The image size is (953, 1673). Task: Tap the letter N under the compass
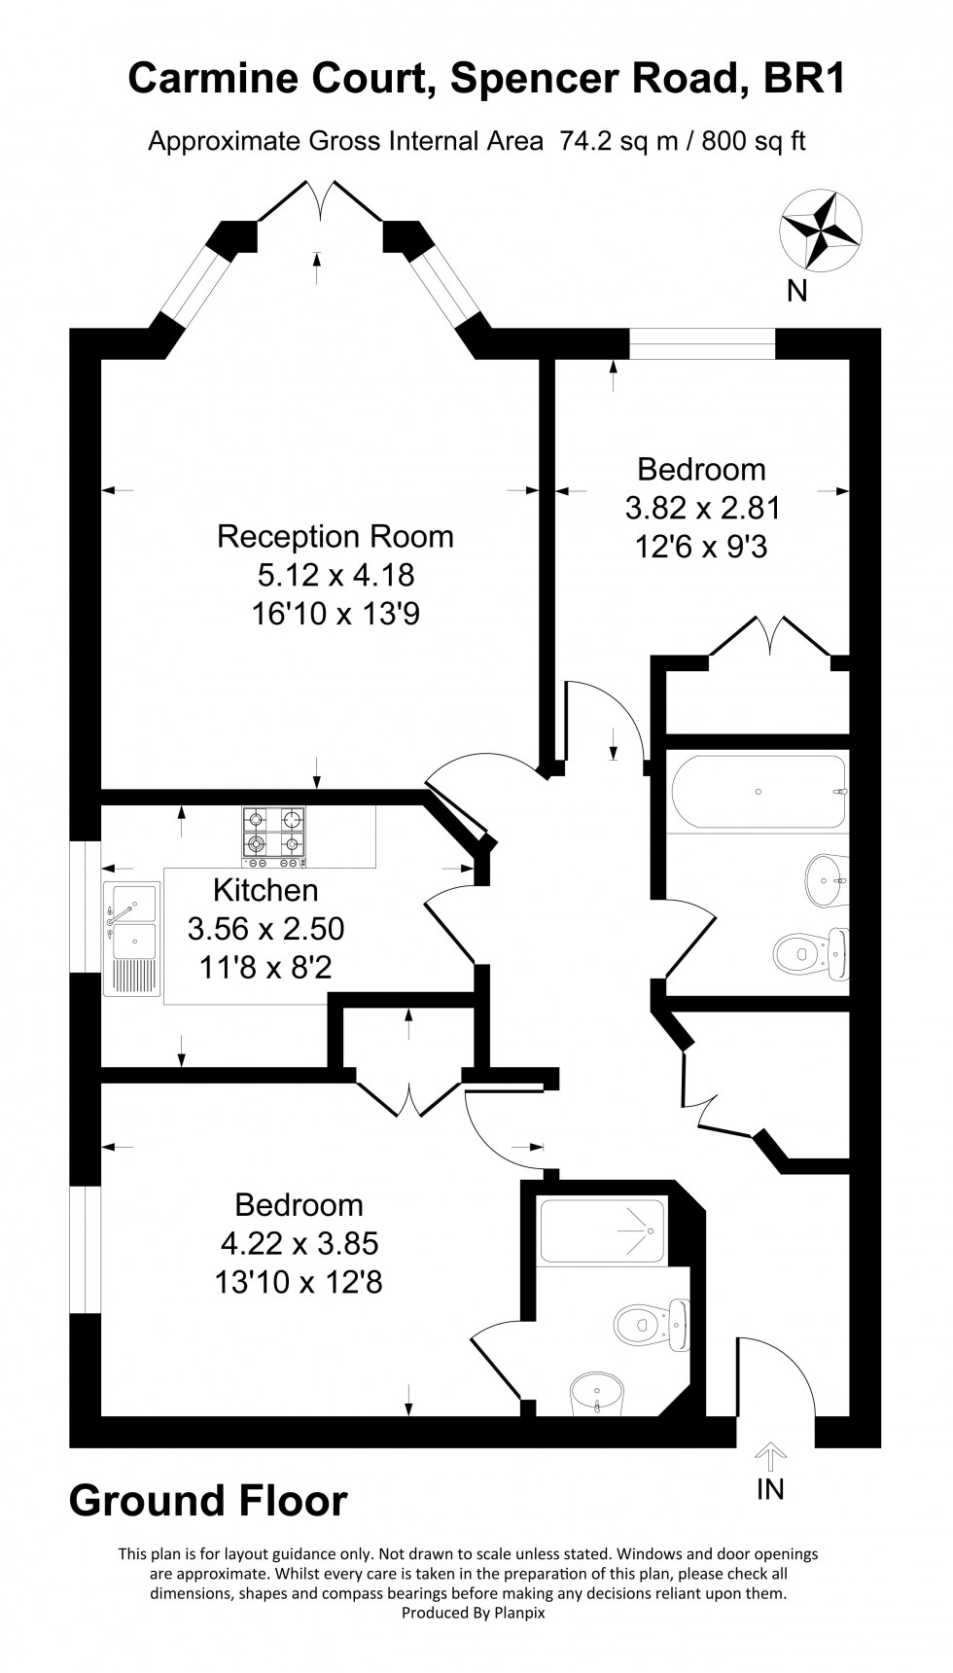[797, 290]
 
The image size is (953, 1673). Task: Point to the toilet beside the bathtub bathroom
[811, 952]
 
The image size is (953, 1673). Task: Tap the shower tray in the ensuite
[603, 1231]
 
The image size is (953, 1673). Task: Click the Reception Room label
[335, 536]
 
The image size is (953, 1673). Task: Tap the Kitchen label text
[265, 890]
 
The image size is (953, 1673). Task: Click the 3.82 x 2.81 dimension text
[702, 508]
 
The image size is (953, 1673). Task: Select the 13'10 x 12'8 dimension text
[299, 1282]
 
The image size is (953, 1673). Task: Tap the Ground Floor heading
[208, 1501]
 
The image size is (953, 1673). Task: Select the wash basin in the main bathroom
[826, 880]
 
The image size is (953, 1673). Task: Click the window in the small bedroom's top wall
[702, 344]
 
